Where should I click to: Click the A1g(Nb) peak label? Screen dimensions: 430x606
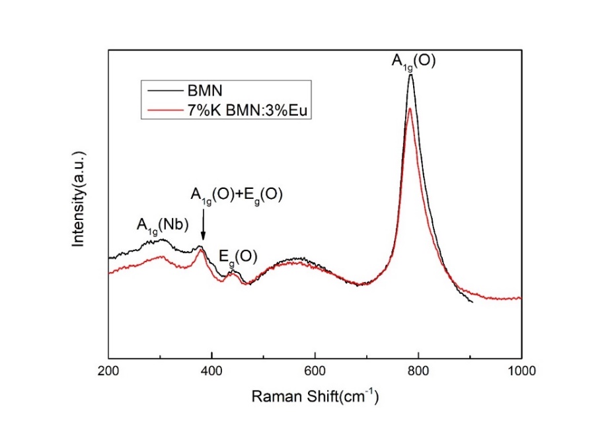click(163, 225)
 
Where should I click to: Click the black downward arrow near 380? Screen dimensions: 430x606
click(204, 231)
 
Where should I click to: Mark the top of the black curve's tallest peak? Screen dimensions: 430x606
click(411, 75)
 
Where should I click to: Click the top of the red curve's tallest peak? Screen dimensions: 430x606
click(410, 108)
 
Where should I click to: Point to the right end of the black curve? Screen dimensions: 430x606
click(473, 303)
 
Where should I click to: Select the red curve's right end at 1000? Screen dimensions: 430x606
click(521, 299)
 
